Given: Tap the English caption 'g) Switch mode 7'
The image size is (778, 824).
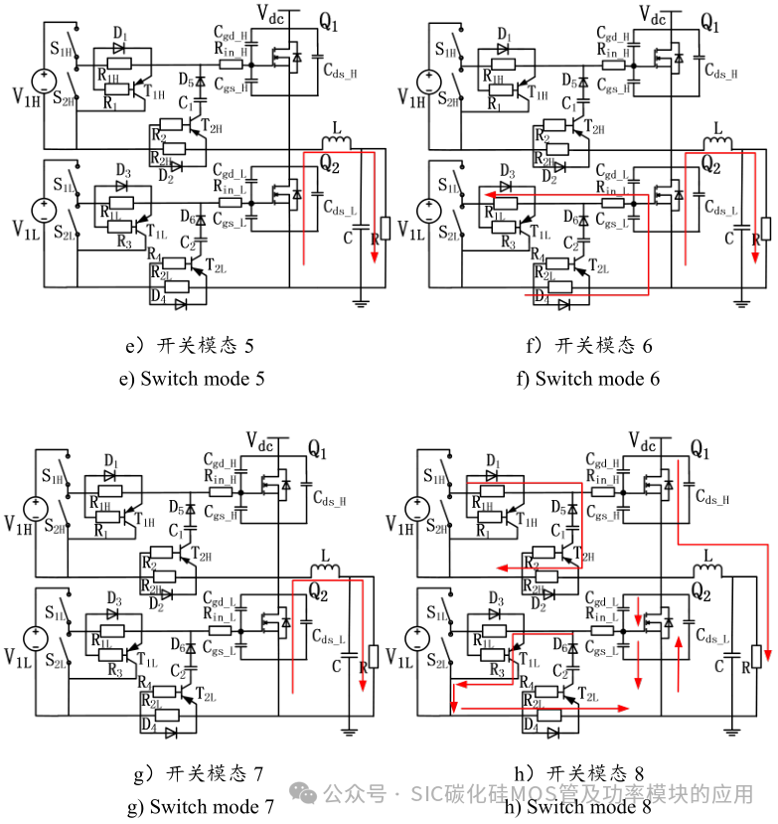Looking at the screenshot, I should [201, 806].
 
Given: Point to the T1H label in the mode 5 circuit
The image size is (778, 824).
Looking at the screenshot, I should [156, 91].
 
